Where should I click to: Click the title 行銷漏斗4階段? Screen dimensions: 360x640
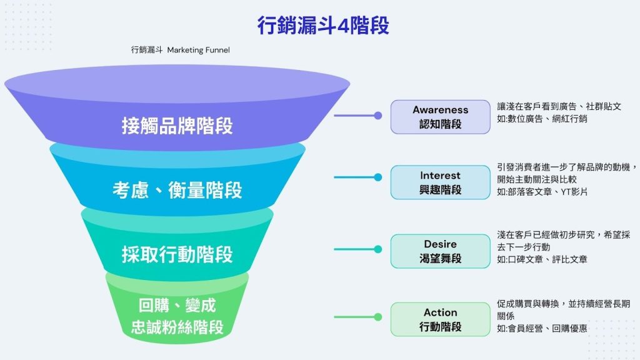point(322,26)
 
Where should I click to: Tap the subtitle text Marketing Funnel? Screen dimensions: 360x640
point(199,50)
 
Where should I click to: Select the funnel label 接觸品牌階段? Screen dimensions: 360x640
point(177,126)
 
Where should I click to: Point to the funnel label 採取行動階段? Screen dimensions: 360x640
point(177,254)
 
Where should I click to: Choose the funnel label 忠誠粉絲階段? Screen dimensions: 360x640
point(177,327)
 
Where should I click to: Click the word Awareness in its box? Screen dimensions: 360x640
point(440,110)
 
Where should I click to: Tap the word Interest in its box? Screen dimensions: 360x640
point(440,176)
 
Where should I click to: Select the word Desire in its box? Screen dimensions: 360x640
point(440,244)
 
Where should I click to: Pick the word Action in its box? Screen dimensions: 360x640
point(440,312)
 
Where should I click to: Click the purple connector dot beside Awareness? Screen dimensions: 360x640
point(377,116)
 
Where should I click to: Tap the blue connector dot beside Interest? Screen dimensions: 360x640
point(377,177)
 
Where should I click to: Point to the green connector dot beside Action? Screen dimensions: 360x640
point(377,319)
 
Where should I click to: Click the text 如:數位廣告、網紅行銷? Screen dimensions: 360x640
point(542,119)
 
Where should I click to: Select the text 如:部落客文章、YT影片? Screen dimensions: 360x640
point(542,192)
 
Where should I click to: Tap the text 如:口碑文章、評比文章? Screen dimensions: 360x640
point(542,259)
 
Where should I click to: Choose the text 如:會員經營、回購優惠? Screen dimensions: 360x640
point(542,327)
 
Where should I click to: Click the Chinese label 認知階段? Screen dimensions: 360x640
point(440,124)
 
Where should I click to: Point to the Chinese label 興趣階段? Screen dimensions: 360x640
point(440,190)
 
